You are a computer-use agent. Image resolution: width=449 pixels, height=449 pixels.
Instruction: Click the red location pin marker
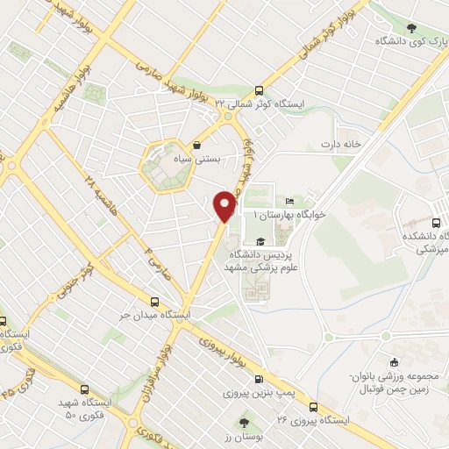click(225, 206)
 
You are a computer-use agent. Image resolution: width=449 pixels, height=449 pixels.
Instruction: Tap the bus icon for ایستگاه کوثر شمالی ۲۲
click(258, 90)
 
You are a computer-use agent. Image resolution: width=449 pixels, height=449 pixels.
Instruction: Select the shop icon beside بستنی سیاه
click(196, 146)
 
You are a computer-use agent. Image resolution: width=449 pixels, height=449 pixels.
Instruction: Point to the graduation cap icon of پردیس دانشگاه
click(260, 241)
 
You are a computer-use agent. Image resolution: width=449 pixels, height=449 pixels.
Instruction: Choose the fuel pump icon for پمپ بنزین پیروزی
click(257, 381)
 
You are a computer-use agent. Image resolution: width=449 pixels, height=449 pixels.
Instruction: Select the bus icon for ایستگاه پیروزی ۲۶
click(314, 407)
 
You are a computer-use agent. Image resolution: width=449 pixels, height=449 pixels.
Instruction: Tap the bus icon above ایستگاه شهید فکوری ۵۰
click(83, 389)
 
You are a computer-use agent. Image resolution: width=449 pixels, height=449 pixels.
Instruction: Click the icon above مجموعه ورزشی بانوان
click(394, 362)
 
